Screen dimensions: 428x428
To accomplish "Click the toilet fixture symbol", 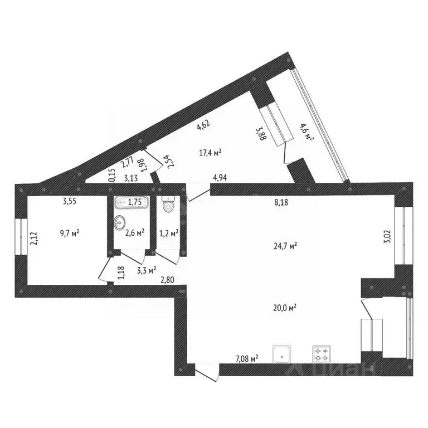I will point(168,205).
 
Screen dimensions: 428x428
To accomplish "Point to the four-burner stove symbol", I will point(322,353).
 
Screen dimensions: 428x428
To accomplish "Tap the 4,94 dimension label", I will point(222,178).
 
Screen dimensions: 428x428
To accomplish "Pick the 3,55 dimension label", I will point(70,202).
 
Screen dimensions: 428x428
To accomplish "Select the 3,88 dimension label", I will point(260,134).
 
